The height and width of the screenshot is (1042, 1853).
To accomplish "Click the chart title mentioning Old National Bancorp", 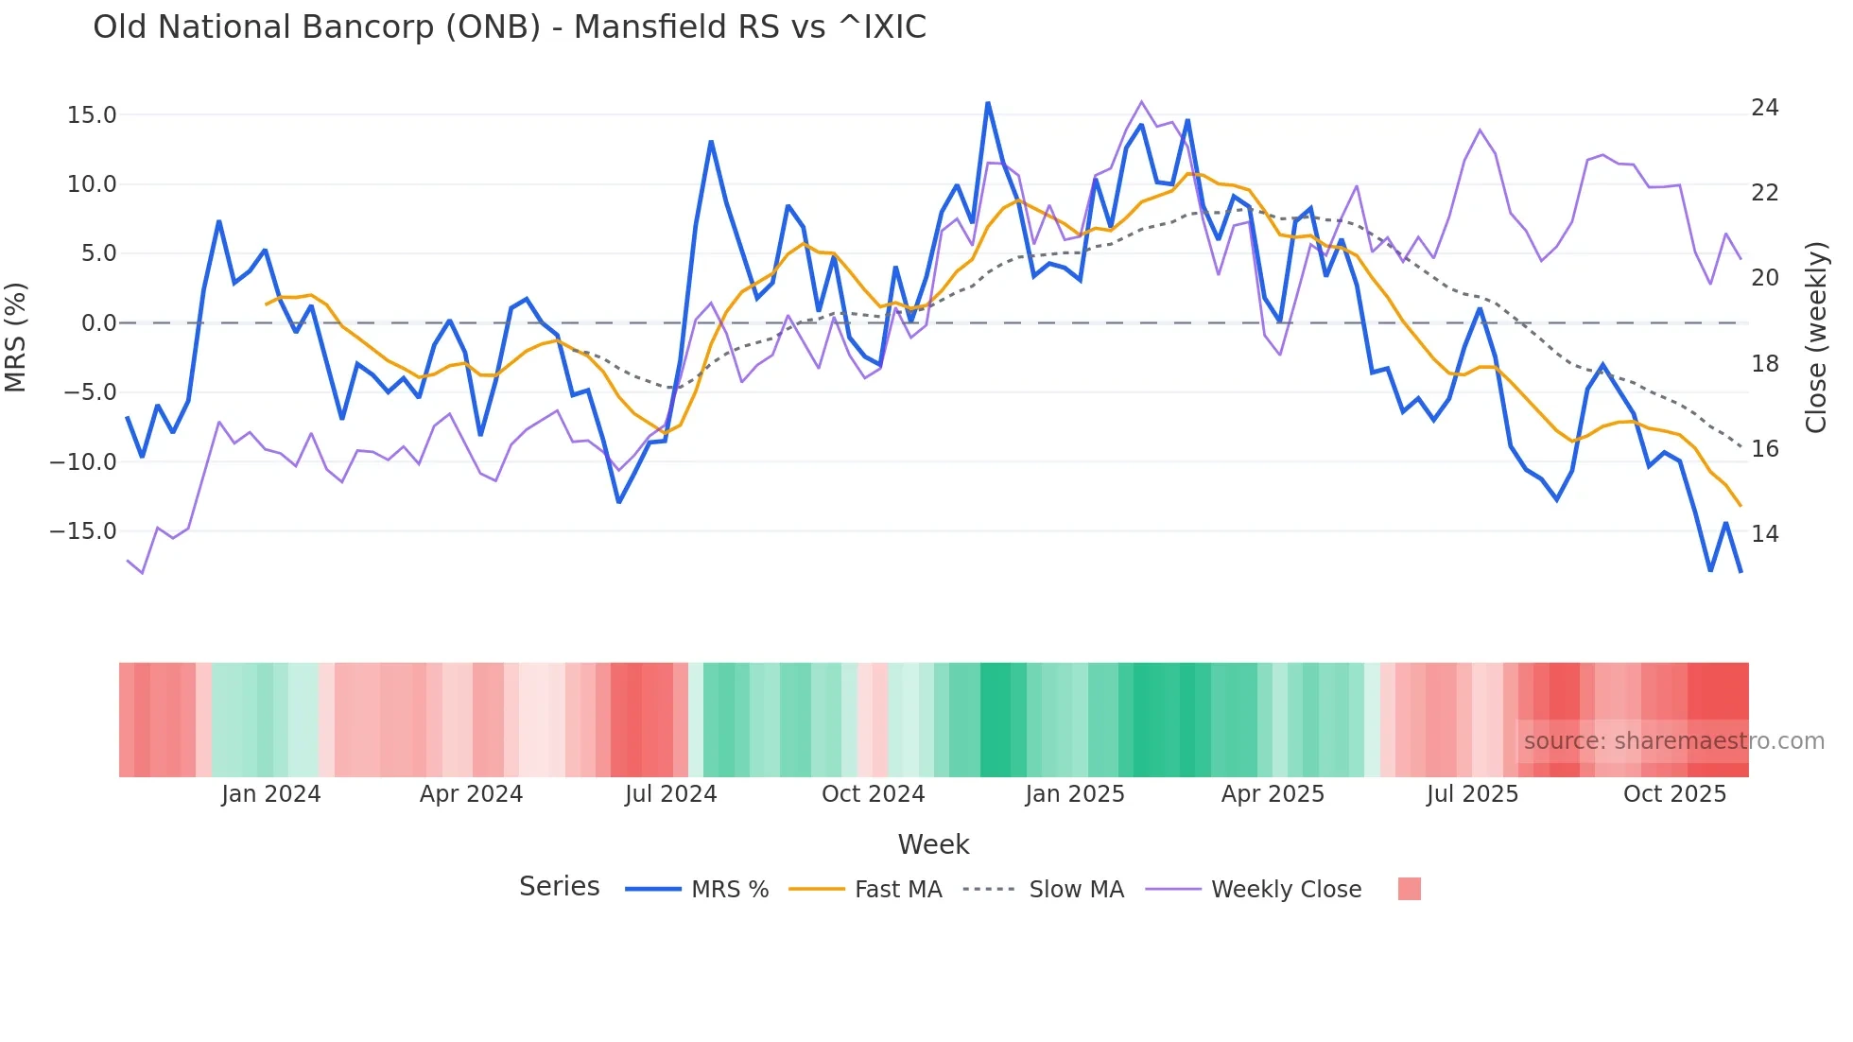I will (x=509, y=27).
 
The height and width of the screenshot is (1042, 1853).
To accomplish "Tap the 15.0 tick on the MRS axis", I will (x=92, y=115).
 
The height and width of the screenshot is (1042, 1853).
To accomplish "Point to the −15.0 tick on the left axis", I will (x=83, y=531).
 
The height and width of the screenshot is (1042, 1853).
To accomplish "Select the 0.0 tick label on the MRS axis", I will (x=98, y=323).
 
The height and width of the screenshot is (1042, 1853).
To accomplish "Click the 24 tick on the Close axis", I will (x=1764, y=108).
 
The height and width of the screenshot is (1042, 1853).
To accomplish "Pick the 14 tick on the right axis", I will (x=1764, y=534).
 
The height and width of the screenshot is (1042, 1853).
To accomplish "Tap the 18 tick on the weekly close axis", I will (x=1764, y=364).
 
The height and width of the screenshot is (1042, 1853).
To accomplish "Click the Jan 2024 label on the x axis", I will (x=271, y=794).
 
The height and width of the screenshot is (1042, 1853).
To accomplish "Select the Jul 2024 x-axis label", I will (x=670, y=794).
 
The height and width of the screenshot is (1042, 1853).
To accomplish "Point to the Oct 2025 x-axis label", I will (x=1674, y=794).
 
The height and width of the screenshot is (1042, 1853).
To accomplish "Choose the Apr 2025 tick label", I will (x=1273, y=794).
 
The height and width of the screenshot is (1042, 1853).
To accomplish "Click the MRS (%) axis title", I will (x=16, y=337).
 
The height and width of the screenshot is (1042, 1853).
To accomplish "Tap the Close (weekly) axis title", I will (x=1816, y=337).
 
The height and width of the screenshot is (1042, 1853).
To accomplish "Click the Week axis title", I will (x=933, y=844).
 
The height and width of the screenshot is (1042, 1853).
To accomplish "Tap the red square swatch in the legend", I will (x=1409, y=889).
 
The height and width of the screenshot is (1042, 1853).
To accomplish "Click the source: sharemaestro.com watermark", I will (x=1673, y=741).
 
